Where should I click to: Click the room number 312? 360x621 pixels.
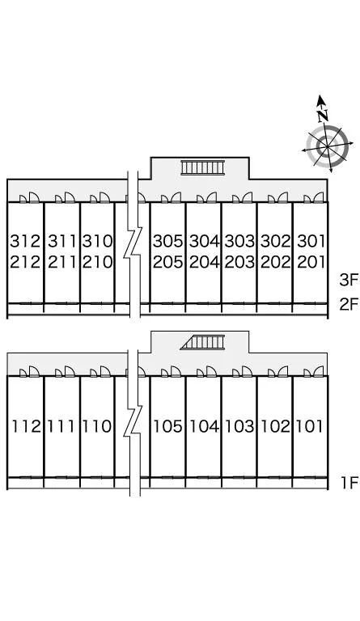pyautogui.click(x=25, y=241)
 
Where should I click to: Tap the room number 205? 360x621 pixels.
pyautogui.click(x=168, y=262)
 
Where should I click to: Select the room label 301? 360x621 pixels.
pyautogui.click(x=311, y=241)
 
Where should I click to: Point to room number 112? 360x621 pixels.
pyautogui.click(x=26, y=426)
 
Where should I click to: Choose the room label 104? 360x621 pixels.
pyautogui.click(x=204, y=426)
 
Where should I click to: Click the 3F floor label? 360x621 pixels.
pyautogui.click(x=349, y=280)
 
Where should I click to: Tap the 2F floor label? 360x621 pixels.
pyautogui.click(x=349, y=304)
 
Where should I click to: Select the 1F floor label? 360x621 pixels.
pyautogui.click(x=349, y=483)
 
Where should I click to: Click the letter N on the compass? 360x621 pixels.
pyautogui.click(x=323, y=116)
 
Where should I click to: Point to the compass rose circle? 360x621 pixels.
pyautogui.click(x=328, y=146)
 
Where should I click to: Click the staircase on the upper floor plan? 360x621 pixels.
pyautogui.click(x=203, y=167)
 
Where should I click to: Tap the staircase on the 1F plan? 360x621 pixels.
pyautogui.click(x=202, y=342)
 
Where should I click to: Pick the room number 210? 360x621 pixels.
pyautogui.click(x=97, y=262)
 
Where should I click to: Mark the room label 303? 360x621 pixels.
pyautogui.click(x=239, y=241)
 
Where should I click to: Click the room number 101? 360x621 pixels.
pyautogui.click(x=310, y=426)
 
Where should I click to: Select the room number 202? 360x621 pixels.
pyautogui.click(x=276, y=262)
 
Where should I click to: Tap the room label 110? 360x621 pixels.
pyautogui.click(x=97, y=426)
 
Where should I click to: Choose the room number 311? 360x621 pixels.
pyautogui.click(x=61, y=241)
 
